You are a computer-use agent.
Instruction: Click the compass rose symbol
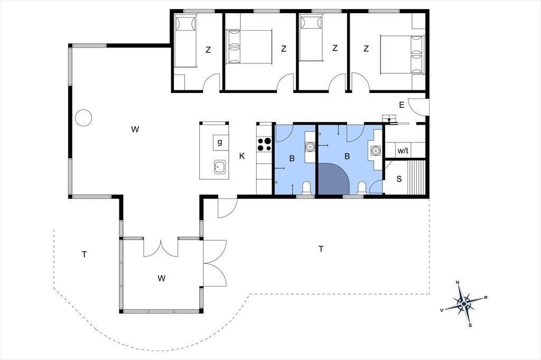coord(464,304)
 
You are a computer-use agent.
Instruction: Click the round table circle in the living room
coord(83,118)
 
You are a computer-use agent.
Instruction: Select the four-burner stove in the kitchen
coord(265,144)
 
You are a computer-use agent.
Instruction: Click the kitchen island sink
coord(220,167)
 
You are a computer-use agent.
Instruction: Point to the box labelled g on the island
coord(220,141)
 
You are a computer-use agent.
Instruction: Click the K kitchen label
coord(242,156)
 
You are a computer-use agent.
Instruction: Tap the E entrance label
coord(402,105)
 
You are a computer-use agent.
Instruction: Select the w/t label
coord(403,150)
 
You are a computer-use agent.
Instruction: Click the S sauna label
coord(399,179)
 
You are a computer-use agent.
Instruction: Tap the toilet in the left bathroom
coord(306,188)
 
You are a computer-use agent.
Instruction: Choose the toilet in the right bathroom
coord(361,188)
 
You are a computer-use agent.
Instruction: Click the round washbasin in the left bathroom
coord(310,147)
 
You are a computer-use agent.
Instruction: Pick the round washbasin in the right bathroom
coord(376,150)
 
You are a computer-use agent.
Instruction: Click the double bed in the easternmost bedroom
coord(402,54)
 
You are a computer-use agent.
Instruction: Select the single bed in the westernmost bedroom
coord(185,41)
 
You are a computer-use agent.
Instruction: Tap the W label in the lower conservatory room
coord(162,278)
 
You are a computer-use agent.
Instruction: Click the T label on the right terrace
coord(321,249)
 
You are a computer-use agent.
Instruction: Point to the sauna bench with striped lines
coord(416,177)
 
